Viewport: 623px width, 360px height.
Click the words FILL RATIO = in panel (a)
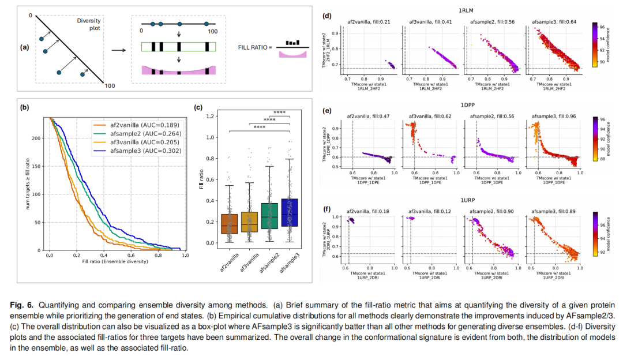coord(254,48)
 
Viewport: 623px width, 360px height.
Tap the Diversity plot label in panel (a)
coord(88,25)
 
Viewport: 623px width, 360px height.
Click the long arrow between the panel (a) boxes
coord(119,50)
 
